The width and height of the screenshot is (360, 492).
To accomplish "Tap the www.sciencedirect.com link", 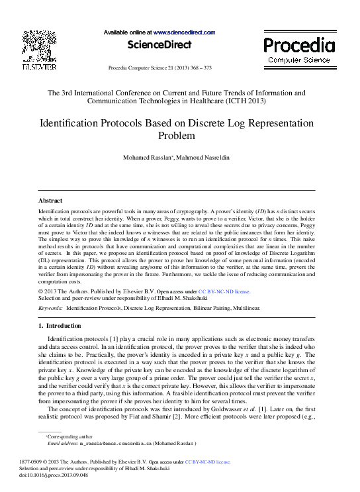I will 185,32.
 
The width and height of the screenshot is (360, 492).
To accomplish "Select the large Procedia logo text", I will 299,45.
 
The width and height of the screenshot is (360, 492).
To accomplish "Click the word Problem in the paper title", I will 177,136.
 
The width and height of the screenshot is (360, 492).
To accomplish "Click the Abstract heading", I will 50,200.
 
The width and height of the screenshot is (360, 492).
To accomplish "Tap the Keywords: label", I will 51,309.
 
